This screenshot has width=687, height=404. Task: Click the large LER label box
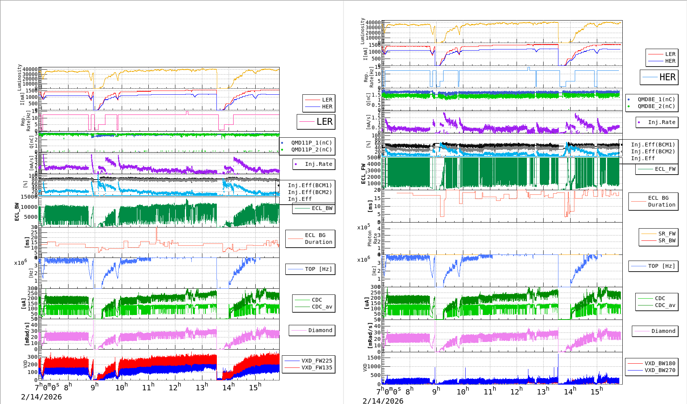click(x=316, y=122)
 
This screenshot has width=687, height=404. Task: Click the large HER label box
click(x=659, y=77)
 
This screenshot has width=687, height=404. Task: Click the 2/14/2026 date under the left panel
click(x=41, y=397)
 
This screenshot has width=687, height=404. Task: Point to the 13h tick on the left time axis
click(x=202, y=387)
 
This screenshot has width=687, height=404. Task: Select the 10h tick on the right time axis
click(x=463, y=391)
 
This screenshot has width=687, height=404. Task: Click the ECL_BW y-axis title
click(x=17, y=212)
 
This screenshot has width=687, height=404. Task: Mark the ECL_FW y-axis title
click(x=363, y=174)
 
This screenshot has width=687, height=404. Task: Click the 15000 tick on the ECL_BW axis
click(x=29, y=197)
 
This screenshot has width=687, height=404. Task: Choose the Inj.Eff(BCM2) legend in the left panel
click(x=310, y=192)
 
